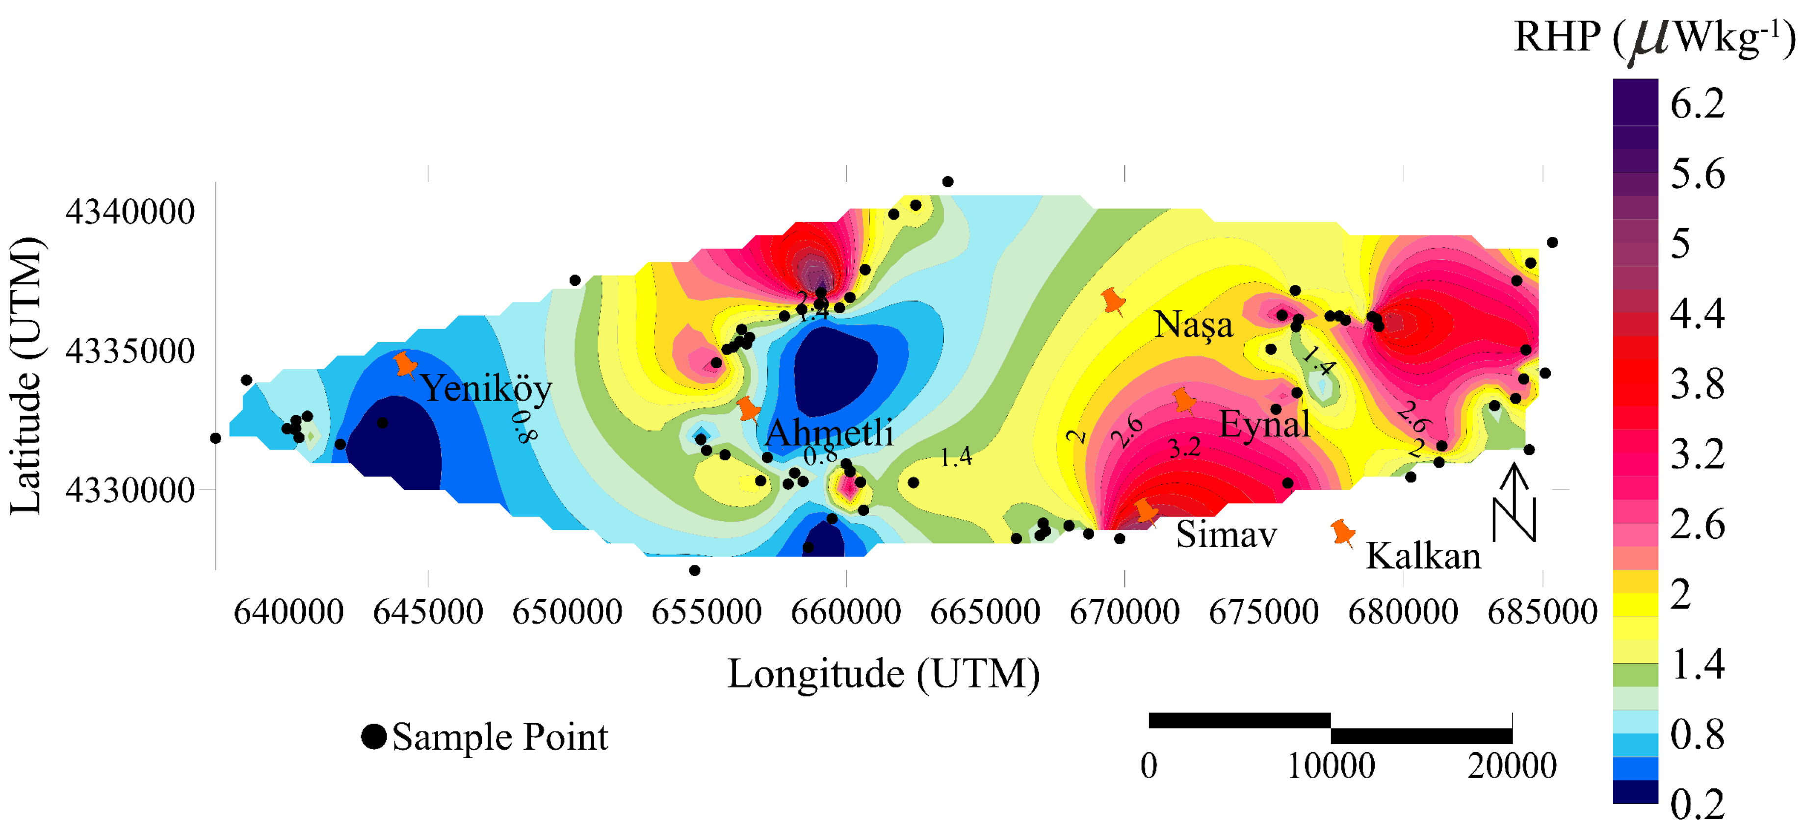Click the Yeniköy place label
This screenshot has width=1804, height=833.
click(x=486, y=388)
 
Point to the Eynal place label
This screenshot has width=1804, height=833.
click(x=1265, y=424)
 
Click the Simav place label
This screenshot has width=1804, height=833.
click(x=1226, y=535)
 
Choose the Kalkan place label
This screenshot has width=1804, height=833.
click(x=1424, y=556)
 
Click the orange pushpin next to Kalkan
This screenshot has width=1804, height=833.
click(x=1342, y=533)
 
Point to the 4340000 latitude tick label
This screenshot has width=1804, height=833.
click(x=130, y=211)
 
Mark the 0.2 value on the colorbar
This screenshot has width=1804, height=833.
click(x=1697, y=805)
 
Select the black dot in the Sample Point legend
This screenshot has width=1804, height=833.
click(x=374, y=736)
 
